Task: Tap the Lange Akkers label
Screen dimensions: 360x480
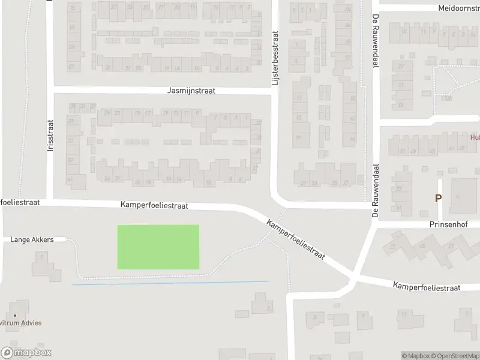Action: point(32,239)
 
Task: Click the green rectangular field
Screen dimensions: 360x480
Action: point(158,247)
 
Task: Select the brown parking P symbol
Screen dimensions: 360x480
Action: point(438,198)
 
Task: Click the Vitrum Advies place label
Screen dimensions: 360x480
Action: point(20,323)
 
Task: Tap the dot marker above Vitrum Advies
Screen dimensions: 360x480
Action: point(15,314)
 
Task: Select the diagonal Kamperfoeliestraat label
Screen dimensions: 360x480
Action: point(296,238)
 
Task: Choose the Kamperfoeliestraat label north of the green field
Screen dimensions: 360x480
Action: point(154,205)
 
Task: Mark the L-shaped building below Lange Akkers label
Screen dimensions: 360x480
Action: point(47,267)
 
